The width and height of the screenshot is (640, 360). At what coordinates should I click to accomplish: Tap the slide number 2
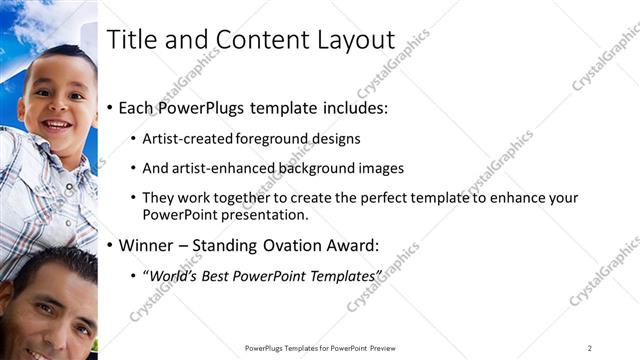pyautogui.click(x=590, y=348)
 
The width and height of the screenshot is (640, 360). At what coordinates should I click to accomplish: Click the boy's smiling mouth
pyautogui.click(x=57, y=126)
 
